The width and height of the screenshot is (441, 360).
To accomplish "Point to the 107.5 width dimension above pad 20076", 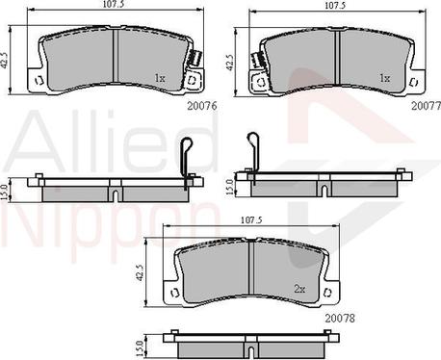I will [x=114, y=6].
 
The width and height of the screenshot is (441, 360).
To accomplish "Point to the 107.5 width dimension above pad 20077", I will [x=335, y=6].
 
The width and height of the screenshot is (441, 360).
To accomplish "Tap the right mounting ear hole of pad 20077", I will [x=417, y=83].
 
